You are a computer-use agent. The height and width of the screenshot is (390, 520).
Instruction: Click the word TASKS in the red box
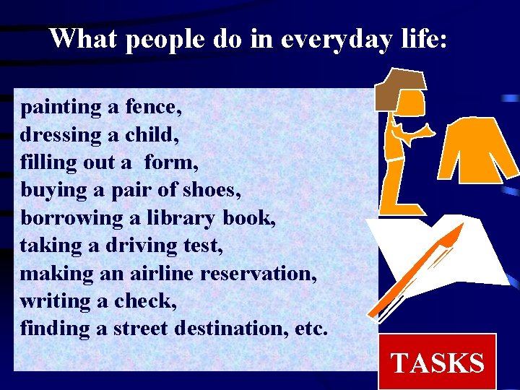[x=437, y=363]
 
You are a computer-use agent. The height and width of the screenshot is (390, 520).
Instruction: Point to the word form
[x=170, y=163]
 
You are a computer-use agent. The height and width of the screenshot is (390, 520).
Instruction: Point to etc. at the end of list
[x=311, y=329]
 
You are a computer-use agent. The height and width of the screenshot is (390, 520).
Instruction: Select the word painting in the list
[x=61, y=108]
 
